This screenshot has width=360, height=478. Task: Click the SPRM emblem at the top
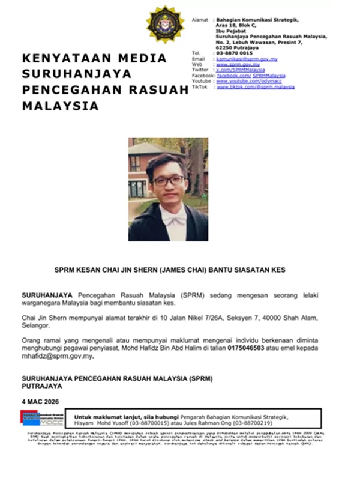coord(166,25)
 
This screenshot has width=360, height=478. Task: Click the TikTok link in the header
coord(255,87)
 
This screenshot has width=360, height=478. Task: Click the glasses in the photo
coord(169,181)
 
